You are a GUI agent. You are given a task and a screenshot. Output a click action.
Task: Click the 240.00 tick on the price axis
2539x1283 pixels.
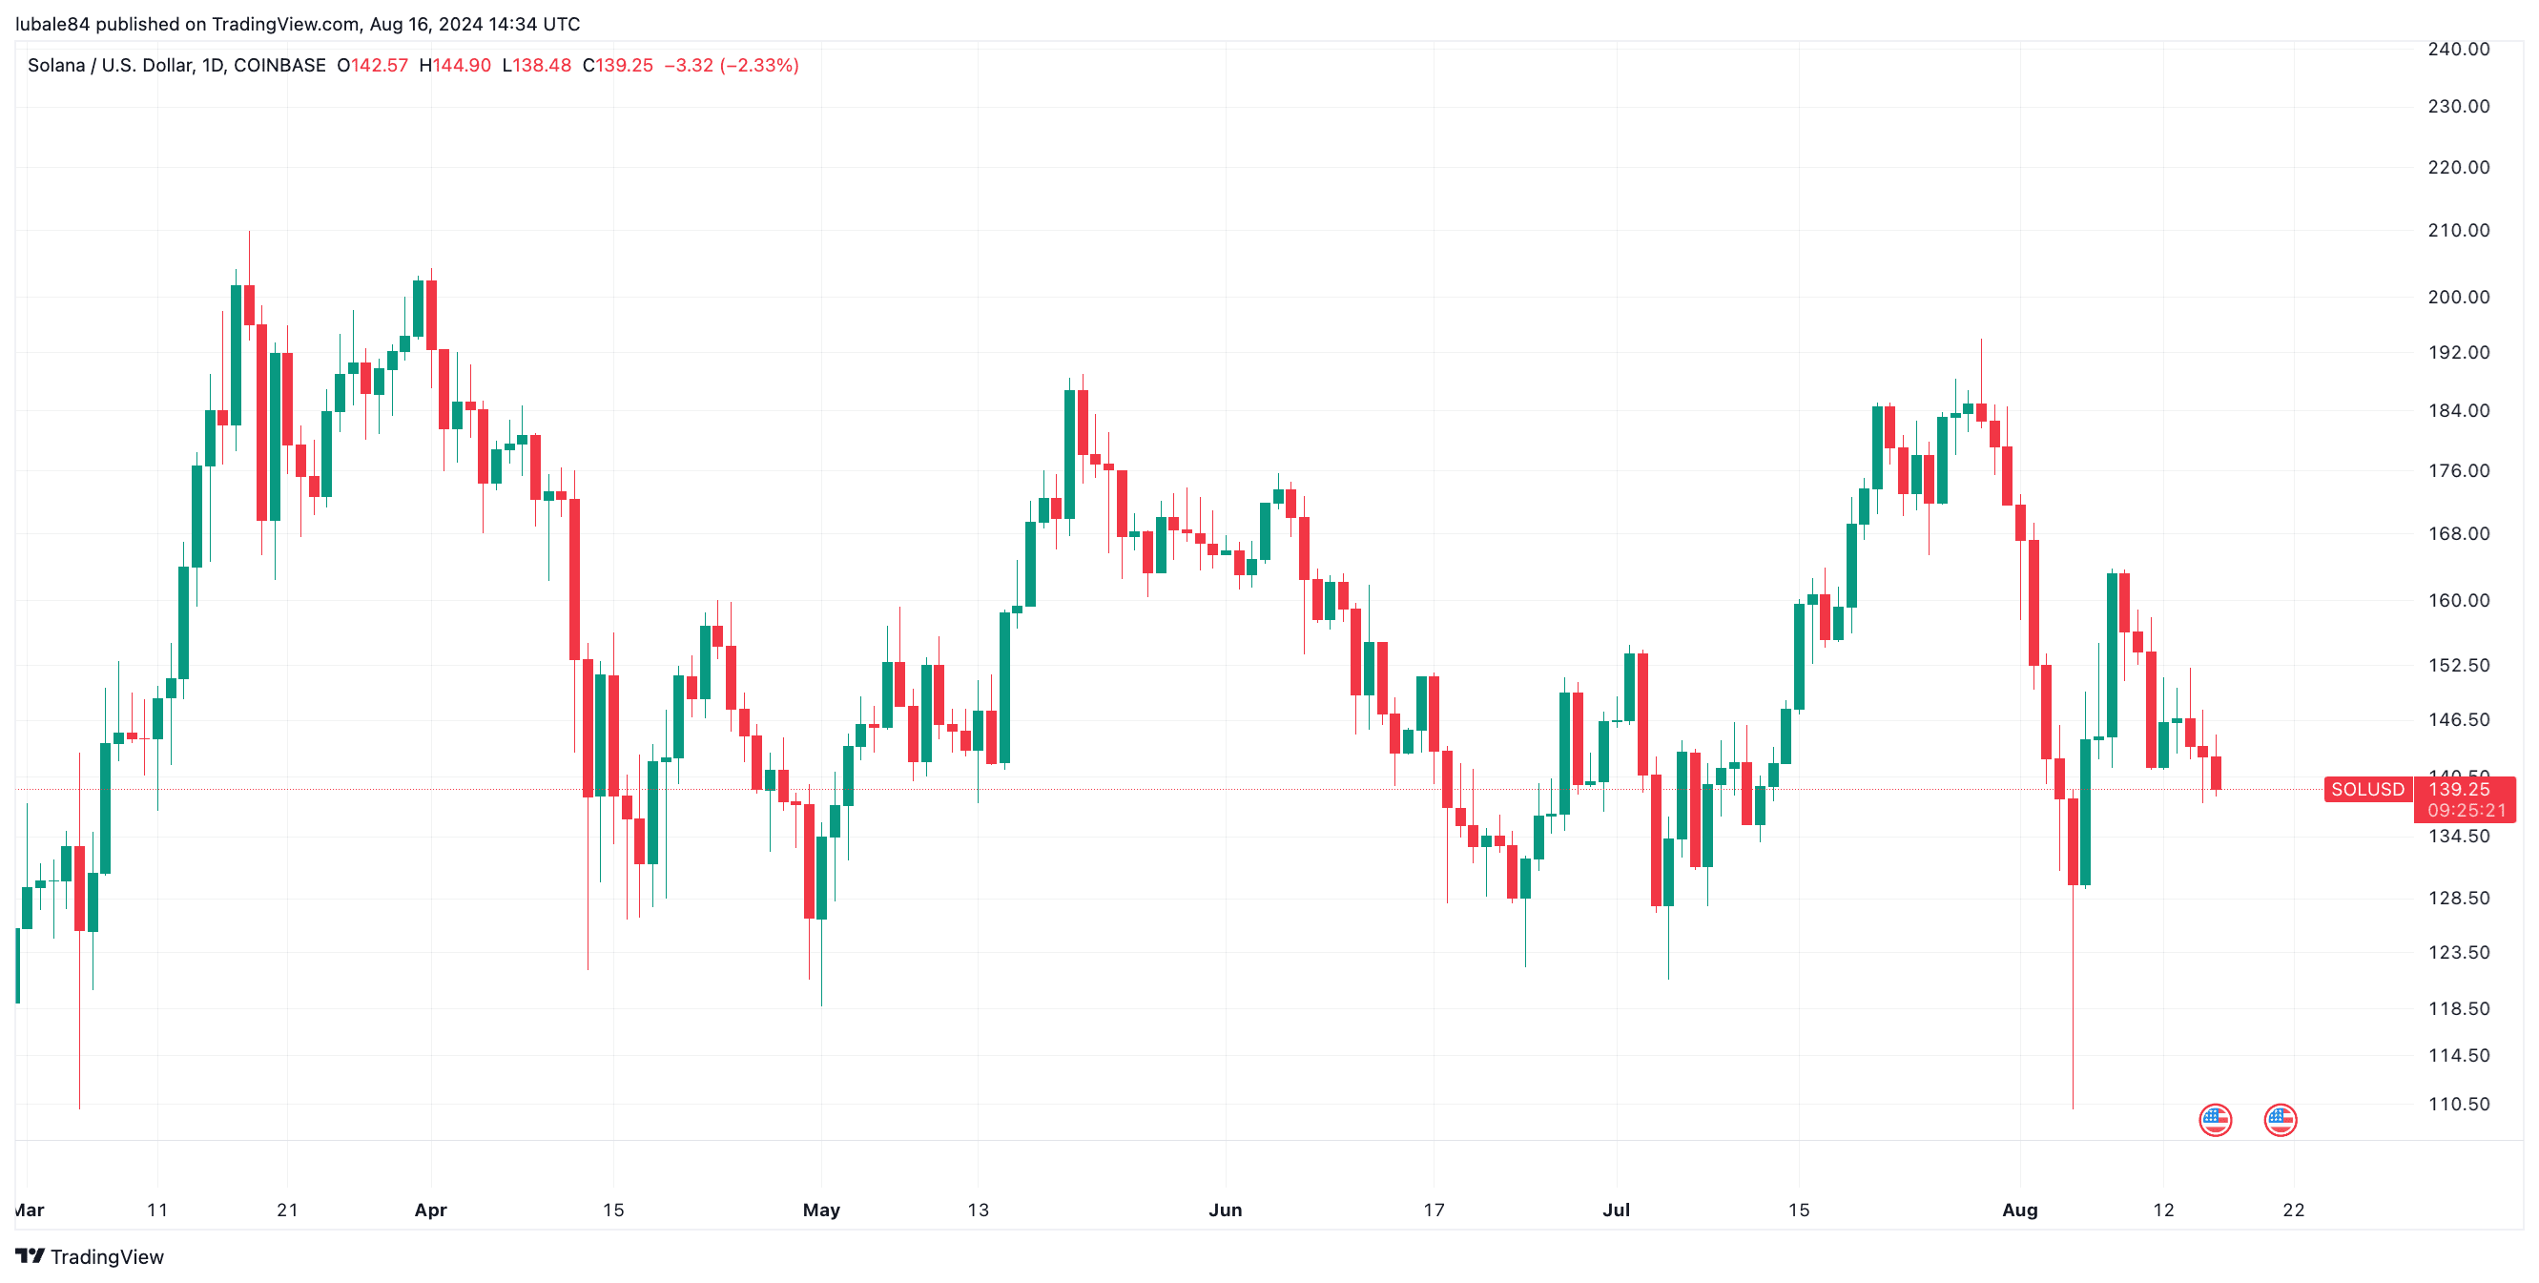[x=2458, y=50]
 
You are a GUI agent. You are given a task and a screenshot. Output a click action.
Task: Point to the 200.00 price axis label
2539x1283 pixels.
[x=2458, y=297]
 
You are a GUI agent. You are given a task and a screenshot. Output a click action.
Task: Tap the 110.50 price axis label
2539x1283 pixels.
[x=2458, y=1104]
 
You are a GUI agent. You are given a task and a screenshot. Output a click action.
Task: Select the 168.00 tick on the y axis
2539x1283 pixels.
[x=2458, y=533]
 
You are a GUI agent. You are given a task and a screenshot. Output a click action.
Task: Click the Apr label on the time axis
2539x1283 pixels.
[x=431, y=1210]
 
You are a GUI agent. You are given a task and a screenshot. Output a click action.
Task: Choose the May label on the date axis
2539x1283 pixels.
[x=821, y=1210]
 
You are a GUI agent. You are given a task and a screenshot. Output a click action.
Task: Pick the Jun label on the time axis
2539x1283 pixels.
[x=1225, y=1210]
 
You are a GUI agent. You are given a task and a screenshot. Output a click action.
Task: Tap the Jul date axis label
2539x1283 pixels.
[x=1617, y=1210]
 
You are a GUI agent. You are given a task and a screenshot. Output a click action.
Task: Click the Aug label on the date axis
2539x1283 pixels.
[x=2019, y=1210]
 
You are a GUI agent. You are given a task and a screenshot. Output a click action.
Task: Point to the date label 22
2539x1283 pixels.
[x=2294, y=1210]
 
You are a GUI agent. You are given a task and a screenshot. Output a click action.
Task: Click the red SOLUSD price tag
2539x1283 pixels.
[x=2367, y=789]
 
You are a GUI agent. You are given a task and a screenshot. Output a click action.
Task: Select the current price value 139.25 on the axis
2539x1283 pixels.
[x=2458, y=788]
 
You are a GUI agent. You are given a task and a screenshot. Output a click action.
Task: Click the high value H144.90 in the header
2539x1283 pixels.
[x=454, y=65]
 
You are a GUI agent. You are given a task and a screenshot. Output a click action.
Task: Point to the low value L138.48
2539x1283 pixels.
[x=536, y=65]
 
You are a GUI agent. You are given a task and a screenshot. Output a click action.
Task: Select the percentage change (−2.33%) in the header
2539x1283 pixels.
[x=759, y=65]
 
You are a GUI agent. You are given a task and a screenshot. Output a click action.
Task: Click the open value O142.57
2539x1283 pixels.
[x=372, y=65]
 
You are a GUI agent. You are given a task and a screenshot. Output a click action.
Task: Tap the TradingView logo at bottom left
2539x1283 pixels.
[x=90, y=1256]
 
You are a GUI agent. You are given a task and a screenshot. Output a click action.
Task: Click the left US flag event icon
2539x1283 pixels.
[x=2215, y=1120]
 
